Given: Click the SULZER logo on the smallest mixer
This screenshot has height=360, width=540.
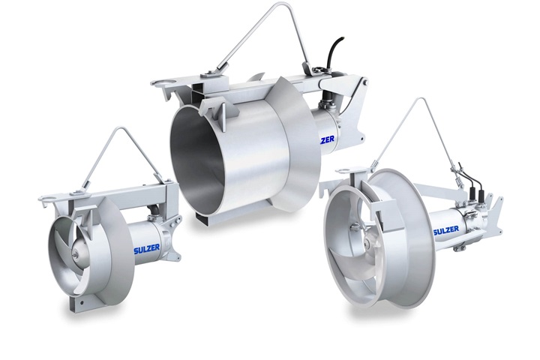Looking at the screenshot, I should [x=147, y=249].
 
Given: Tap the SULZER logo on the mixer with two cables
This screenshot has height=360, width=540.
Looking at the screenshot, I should [x=448, y=231].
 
